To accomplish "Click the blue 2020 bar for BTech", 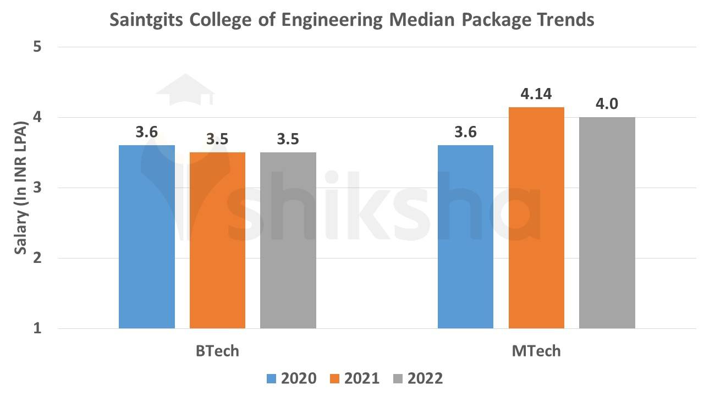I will click(x=147, y=237).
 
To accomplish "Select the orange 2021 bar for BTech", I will click(x=217, y=240).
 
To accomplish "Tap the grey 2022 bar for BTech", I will click(x=288, y=240).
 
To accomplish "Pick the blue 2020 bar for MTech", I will click(x=465, y=237).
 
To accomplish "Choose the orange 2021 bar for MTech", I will click(x=536, y=218).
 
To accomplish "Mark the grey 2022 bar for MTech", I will click(x=607, y=223).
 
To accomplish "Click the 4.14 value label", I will click(x=536, y=94).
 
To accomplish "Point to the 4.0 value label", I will click(x=607, y=104).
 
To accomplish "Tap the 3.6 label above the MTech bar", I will click(x=465, y=133).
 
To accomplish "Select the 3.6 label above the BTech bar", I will click(x=147, y=133).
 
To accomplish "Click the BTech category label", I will click(x=217, y=351).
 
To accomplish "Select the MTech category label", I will click(x=536, y=351).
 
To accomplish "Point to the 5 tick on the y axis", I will click(x=38, y=47).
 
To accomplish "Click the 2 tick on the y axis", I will click(x=38, y=258).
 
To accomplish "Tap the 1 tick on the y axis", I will click(x=38, y=328).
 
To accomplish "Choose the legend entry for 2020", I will click(x=291, y=378).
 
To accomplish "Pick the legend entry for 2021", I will click(x=355, y=378).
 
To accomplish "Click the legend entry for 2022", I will click(x=418, y=378).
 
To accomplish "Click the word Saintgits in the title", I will click(x=146, y=20).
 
